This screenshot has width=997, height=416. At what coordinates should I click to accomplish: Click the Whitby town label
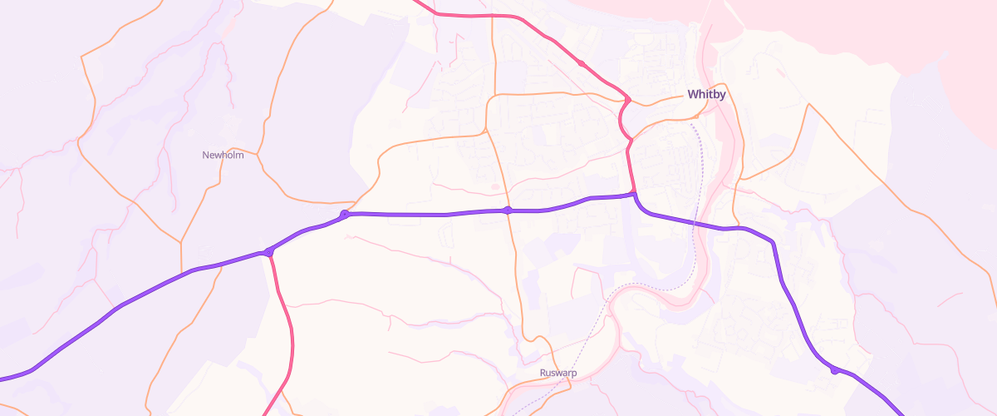706,95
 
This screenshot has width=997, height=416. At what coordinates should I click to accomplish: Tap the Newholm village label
223,155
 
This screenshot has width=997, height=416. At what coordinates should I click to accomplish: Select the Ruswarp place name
558,373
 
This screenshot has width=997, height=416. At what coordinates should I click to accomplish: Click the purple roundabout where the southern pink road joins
268,251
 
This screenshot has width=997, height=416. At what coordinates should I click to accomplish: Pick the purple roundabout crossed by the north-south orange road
508,210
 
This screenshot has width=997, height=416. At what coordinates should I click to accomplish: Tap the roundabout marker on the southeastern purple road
834,370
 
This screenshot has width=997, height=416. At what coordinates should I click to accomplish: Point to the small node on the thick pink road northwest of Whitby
582,63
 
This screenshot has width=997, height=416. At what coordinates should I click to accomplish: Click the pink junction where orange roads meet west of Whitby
628,101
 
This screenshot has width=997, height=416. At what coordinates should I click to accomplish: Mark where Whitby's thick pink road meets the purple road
635,195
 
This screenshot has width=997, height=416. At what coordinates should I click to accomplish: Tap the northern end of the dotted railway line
691,124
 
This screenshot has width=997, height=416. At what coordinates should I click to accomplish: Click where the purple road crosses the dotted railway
702,224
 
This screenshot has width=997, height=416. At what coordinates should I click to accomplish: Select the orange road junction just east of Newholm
258,154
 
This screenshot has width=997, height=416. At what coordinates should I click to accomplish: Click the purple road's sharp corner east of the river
774,243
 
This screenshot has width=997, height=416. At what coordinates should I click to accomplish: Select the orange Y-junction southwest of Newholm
181,242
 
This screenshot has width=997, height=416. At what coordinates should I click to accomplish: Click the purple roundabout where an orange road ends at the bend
345,215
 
